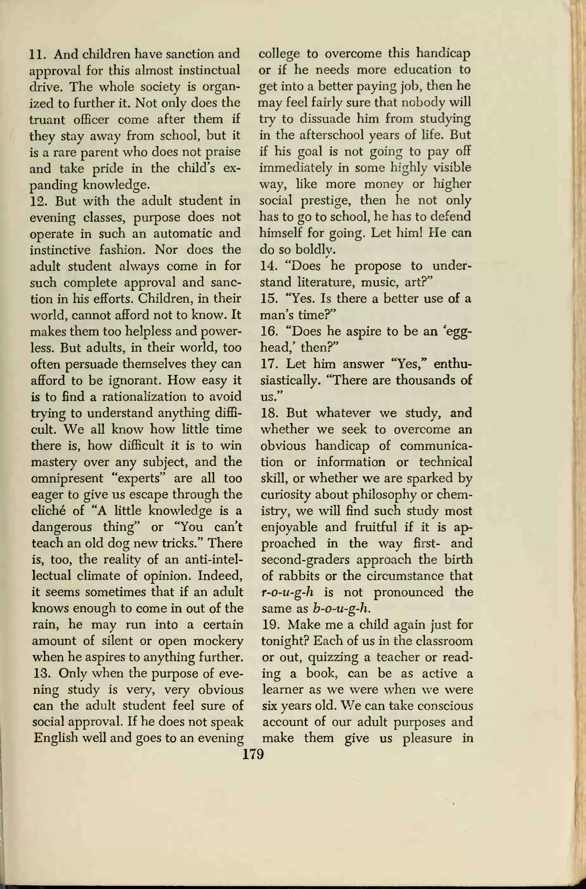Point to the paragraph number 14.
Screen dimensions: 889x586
point(267,266)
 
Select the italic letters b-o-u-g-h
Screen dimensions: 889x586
point(341,609)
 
